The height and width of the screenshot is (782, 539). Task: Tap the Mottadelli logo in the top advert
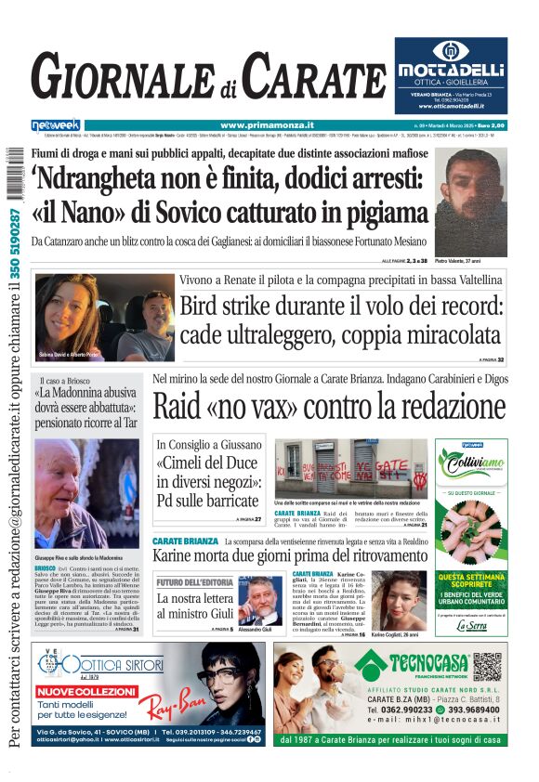click(x=450, y=69)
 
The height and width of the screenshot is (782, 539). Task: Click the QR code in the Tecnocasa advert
click(x=486, y=666)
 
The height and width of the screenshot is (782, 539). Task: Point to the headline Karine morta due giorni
click(x=289, y=554)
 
